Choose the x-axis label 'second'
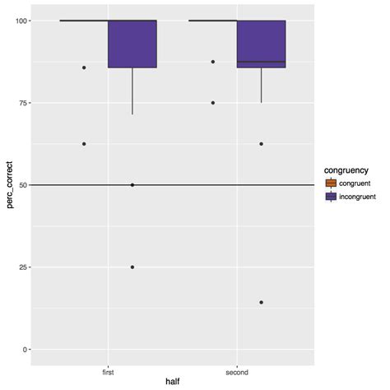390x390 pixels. pyautogui.click(x=237, y=372)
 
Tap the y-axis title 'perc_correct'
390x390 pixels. pyautogui.click(x=10, y=185)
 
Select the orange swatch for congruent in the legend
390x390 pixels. pyautogui.click(x=332, y=183)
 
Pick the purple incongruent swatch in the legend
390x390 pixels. pyautogui.click(x=332, y=197)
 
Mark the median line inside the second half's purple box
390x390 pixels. pyautogui.click(x=261, y=62)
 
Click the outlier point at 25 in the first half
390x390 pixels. pyautogui.click(x=132, y=267)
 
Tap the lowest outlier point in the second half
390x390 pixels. pyautogui.click(x=261, y=303)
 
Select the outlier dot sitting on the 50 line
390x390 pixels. pyautogui.click(x=132, y=185)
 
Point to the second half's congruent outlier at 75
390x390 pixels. pyautogui.click(x=213, y=103)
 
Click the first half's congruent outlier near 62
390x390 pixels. pyautogui.click(x=84, y=144)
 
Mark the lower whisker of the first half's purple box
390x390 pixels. pyautogui.click(x=132, y=91)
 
